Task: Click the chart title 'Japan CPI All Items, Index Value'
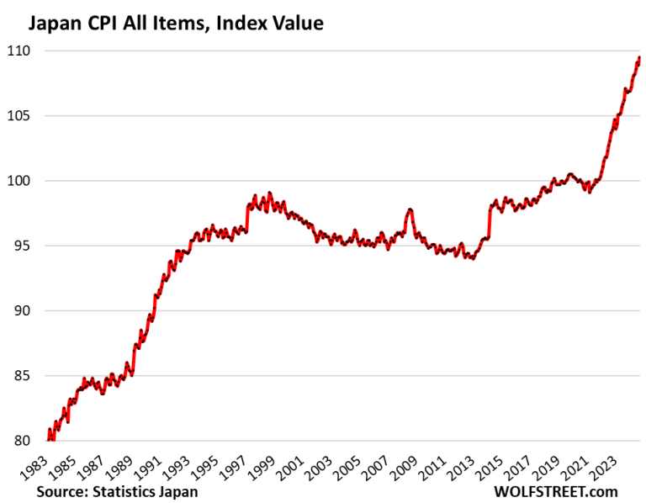176,23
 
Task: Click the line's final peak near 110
638,57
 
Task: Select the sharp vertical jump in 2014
489,223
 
